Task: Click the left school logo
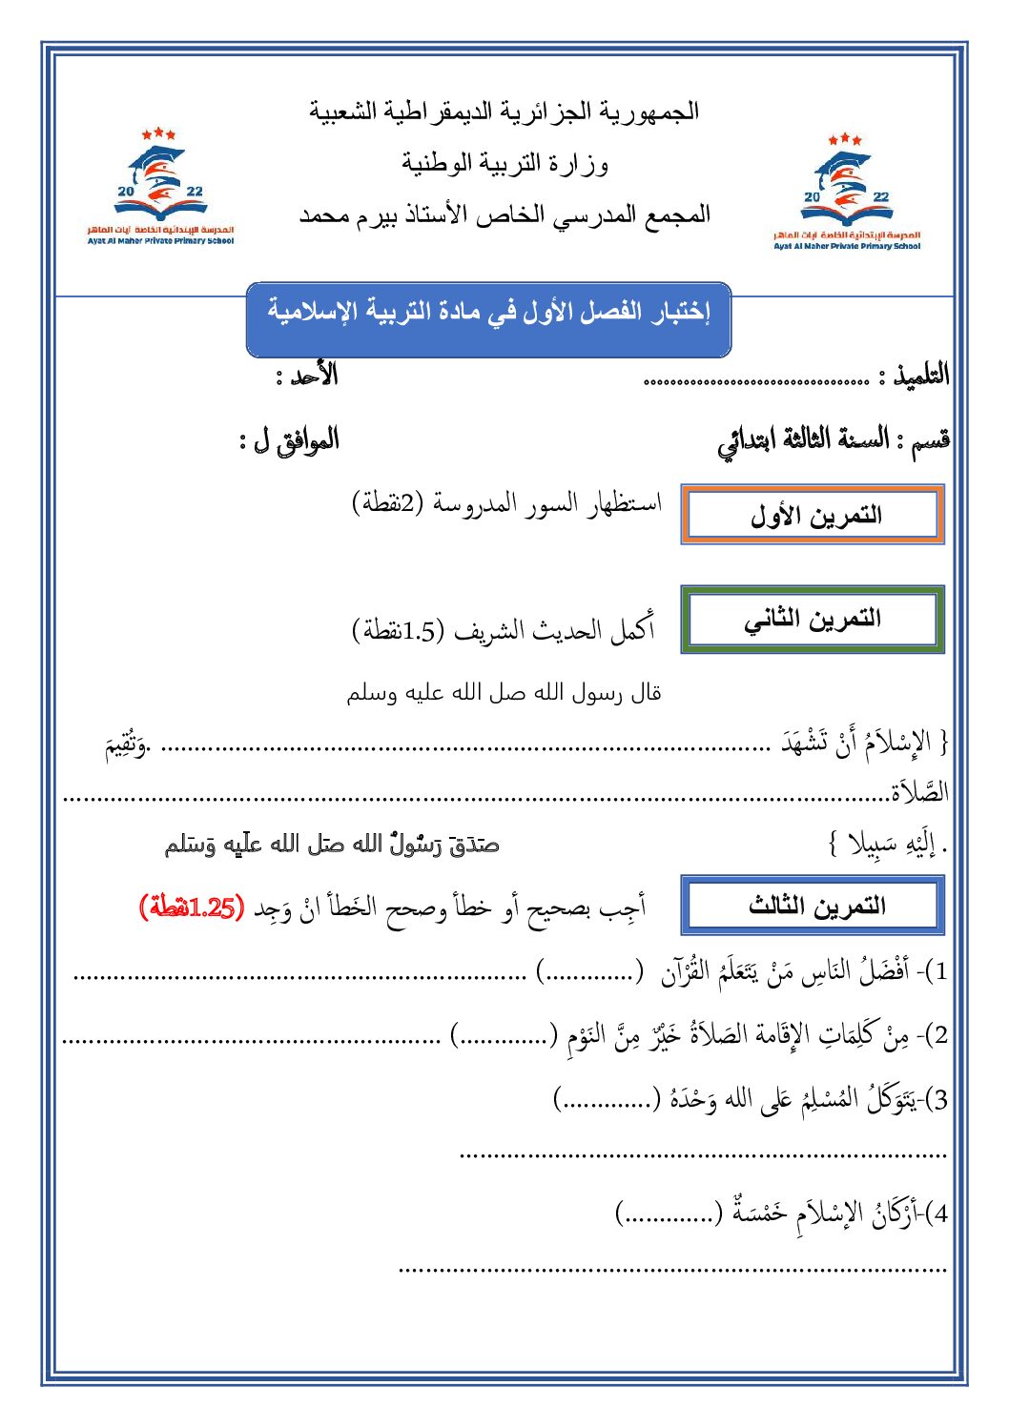coord(160,188)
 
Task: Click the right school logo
coord(847,193)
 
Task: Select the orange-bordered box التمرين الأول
coord(813,515)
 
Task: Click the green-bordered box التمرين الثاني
coord(813,620)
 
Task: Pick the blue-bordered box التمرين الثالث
coord(813,906)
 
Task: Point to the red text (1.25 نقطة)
coord(192,907)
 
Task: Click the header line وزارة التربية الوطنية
coord(504,164)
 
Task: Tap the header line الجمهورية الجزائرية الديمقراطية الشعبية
coord(504,112)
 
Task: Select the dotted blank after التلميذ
coord(756,381)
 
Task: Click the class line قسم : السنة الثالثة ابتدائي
coord(834,440)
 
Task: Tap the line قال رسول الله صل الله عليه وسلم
coord(504,693)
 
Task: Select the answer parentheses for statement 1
coord(588,973)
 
